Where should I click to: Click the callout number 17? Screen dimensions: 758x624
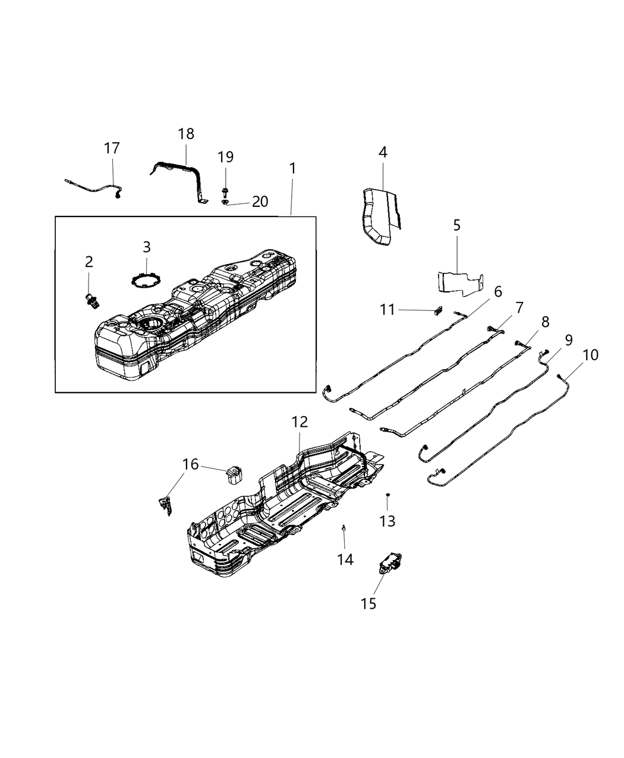click(x=112, y=148)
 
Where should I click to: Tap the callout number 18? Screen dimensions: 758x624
click(x=186, y=134)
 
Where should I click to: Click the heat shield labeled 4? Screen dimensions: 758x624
click(x=377, y=215)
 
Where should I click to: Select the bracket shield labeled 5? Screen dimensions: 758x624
click(x=459, y=282)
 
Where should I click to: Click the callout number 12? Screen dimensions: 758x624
click(x=300, y=422)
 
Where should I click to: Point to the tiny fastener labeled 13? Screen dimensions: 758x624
click(x=387, y=495)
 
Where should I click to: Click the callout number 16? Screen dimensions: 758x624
click(x=190, y=464)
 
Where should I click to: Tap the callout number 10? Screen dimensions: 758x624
click(x=591, y=355)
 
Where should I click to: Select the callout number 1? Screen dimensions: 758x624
click(x=292, y=168)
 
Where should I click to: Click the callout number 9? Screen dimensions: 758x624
click(x=569, y=340)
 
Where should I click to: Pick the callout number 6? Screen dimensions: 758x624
click(x=497, y=291)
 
